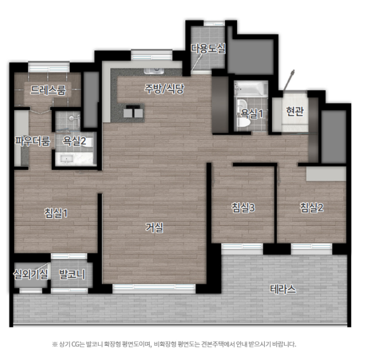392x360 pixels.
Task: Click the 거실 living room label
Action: tap(154, 228)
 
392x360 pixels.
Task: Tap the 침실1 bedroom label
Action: tap(56, 213)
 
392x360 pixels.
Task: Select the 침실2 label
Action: tap(311, 208)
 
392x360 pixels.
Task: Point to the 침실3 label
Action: tap(243, 208)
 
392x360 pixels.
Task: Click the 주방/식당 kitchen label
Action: tap(164, 89)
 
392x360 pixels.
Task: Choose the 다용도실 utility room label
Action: tap(208, 48)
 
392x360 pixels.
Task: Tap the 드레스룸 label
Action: tap(48, 90)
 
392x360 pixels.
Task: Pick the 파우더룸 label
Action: tap(32, 141)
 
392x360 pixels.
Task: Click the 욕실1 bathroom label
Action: tap(251, 114)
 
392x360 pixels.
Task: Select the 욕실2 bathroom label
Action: tap(74, 141)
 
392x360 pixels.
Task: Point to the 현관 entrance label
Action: tap(295, 111)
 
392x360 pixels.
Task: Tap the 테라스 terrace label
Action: tap(283, 289)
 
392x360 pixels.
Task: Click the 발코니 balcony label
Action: tap(72, 275)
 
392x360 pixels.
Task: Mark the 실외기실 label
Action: tap(30, 275)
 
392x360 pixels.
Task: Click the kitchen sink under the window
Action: tap(154, 70)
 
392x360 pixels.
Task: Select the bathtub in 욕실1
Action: tap(251, 89)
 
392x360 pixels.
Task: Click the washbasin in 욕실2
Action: tap(66, 159)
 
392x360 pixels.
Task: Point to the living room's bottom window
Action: tap(154, 289)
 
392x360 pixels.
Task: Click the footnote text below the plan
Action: tap(174, 344)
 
